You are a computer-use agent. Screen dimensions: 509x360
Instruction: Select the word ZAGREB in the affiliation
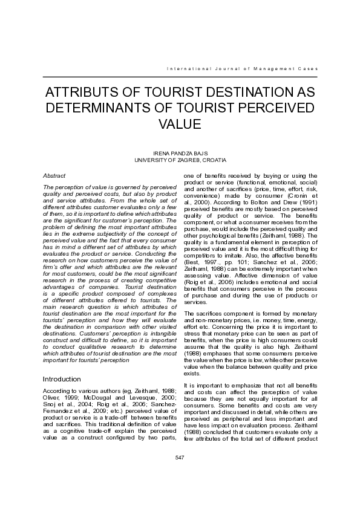pos(190,160)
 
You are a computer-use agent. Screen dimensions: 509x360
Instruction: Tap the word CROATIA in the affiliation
pos(215,160)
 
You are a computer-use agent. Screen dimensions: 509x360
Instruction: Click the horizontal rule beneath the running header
pos(179,77)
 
